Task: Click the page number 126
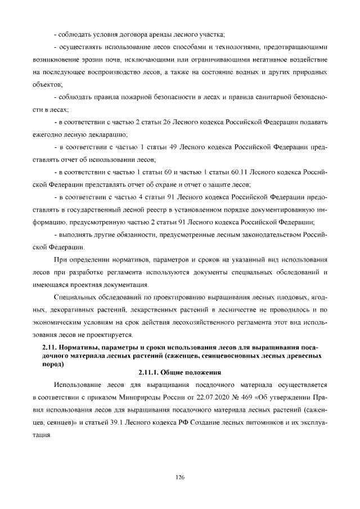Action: click(180, 477)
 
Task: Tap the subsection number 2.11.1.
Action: click(148, 372)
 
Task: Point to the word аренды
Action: click(163, 35)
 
